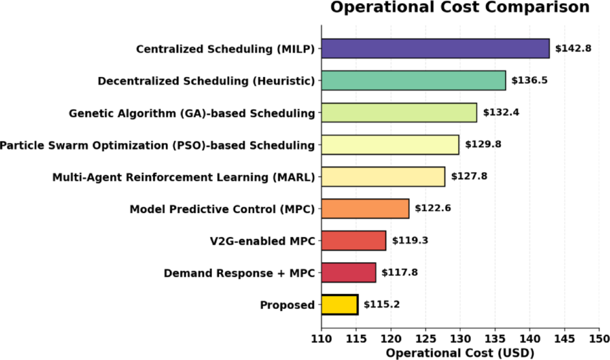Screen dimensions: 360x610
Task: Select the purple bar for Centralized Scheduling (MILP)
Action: [x=435, y=49]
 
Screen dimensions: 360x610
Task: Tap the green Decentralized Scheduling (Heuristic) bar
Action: [x=413, y=81]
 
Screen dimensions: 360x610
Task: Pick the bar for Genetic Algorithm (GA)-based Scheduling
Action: [x=399, y=113]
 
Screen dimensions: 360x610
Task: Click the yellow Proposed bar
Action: [x=340, y=305]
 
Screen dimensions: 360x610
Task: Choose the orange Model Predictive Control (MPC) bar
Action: [x=365, y=209]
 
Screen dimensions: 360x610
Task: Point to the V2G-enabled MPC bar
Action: [x=354, y=241]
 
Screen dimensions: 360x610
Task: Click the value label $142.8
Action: [x=573, y=49]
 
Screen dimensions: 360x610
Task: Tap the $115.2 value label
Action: [x=382, y=305]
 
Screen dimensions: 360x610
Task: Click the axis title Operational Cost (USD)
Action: [x=460, y=352]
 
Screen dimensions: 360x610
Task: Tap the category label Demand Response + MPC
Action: [x=239, y=273]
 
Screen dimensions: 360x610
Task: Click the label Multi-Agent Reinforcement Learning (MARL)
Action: [x=184, y=177]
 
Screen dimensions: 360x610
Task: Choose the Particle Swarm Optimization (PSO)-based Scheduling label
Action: [x=157, y=145]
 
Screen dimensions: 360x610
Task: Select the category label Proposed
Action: [x=287, y=305]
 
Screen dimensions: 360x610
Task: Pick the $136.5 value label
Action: [x=530, y=81]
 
